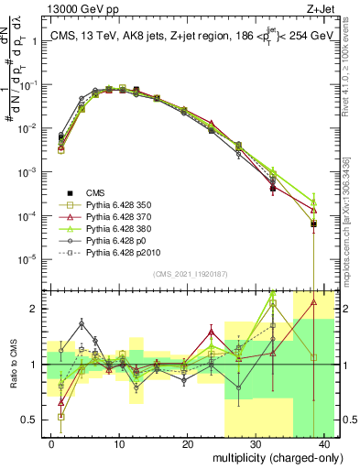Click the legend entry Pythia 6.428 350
click(x=97, y=204)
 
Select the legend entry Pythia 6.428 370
click(x=97, y=215)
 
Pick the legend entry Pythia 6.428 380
click(x=97, y=227)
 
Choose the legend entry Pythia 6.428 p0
click(x=94, y=238)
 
